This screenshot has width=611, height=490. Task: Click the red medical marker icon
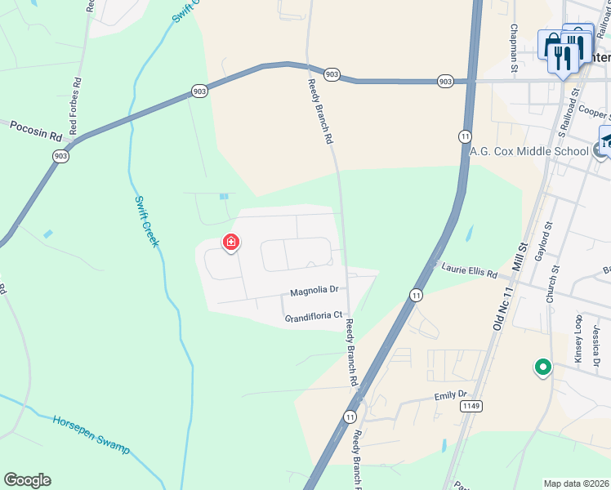coord(231,243)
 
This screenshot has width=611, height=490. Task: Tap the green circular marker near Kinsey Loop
coord(542,368)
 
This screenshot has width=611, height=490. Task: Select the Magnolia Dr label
coord(314,291)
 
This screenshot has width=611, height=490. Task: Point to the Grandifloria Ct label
coord(313,318)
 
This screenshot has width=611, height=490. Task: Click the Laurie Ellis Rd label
coord(470,271)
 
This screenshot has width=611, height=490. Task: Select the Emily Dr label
coord(450,396)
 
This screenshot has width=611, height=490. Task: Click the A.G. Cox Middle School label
coord(528,151)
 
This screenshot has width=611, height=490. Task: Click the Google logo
coord(27,480)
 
